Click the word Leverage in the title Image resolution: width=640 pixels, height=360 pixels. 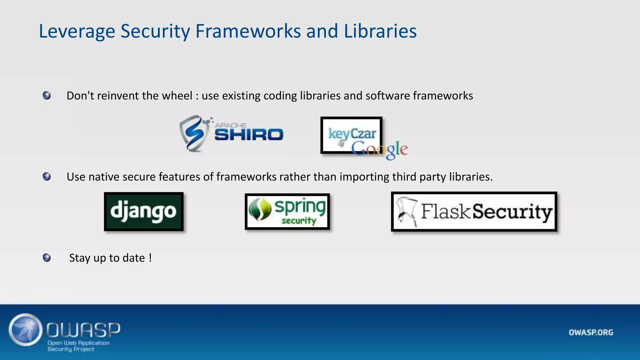click(77, 31)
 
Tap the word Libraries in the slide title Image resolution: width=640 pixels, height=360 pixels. click(380, 31)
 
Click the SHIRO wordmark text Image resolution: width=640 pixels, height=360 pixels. click(249, 135)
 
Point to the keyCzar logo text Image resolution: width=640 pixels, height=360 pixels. click(352, 134)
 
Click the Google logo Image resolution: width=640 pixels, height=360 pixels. click(380, 149)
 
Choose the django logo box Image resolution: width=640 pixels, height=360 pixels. click(144, 212)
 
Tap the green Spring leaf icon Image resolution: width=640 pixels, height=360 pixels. click(260, 209)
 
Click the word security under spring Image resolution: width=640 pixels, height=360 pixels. click(299, 221)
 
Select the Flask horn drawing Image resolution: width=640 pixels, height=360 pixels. click(407, 211)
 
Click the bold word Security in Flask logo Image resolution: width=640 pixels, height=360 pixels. click(512, 212)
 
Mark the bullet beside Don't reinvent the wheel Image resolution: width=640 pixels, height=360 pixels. click(47, 95)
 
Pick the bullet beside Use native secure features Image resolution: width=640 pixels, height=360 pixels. click(47, 177)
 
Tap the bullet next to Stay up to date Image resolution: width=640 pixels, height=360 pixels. click(47, 258)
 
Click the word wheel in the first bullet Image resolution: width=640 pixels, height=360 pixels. click(178, 96)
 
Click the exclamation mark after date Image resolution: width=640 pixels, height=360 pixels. click(150, 258)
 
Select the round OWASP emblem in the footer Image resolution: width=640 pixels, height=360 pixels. click(26, 329)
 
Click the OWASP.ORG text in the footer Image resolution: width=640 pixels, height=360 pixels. click(591, 332)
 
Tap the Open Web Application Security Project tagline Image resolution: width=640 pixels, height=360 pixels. click(78, 346)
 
